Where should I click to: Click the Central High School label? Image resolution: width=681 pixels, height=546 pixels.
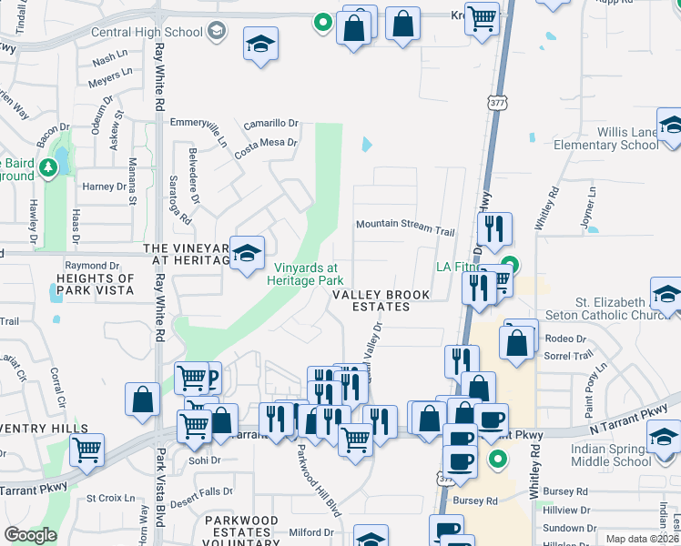[147, 33]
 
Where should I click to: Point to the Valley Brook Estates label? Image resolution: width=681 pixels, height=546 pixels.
[382, 300]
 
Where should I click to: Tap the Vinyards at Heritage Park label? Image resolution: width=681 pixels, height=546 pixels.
[306, 273]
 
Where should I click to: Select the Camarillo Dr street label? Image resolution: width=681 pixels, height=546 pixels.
[270, 123]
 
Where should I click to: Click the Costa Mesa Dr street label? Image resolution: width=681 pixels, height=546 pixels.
[266, 143]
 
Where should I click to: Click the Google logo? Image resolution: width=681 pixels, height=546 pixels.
[29, 535]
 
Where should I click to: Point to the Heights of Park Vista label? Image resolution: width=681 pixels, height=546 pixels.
[95, 284]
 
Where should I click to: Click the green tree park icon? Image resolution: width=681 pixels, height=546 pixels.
[48, 167]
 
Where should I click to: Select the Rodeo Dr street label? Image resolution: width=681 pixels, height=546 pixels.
[566, 339]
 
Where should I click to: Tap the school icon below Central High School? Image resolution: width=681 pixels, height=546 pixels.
[260, 45]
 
